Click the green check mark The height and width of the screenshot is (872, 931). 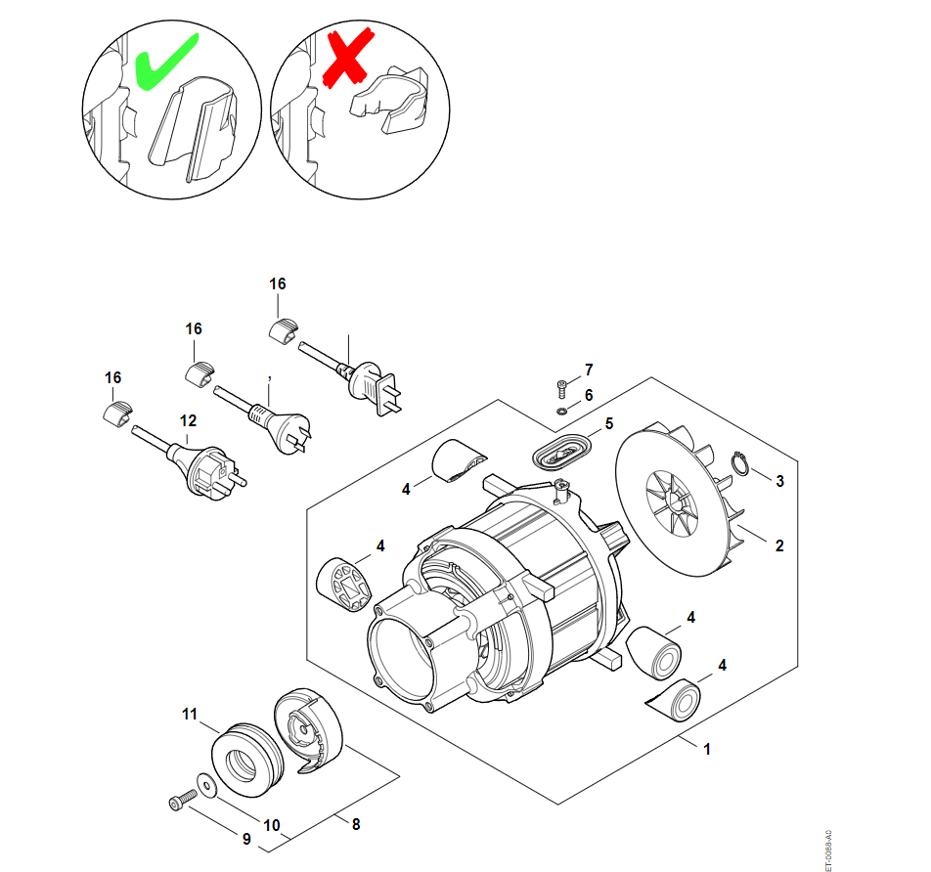(163, 62)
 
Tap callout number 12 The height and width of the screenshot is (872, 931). (188, 420)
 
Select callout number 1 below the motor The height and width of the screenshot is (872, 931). (707, 749)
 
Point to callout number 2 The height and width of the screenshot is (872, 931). (779, 545)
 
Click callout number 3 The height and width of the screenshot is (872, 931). (779, 481)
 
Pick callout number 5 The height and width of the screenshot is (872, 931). (608, 424)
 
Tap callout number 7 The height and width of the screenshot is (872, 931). (589, 370)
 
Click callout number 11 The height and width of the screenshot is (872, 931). (190, 714)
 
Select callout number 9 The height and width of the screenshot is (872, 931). (246, 839)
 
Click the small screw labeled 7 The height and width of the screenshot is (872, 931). (561, 385)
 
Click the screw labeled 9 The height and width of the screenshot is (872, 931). (179, 803)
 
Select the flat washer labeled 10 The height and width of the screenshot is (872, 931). (206, 783)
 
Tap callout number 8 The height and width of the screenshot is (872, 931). (356, 824)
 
